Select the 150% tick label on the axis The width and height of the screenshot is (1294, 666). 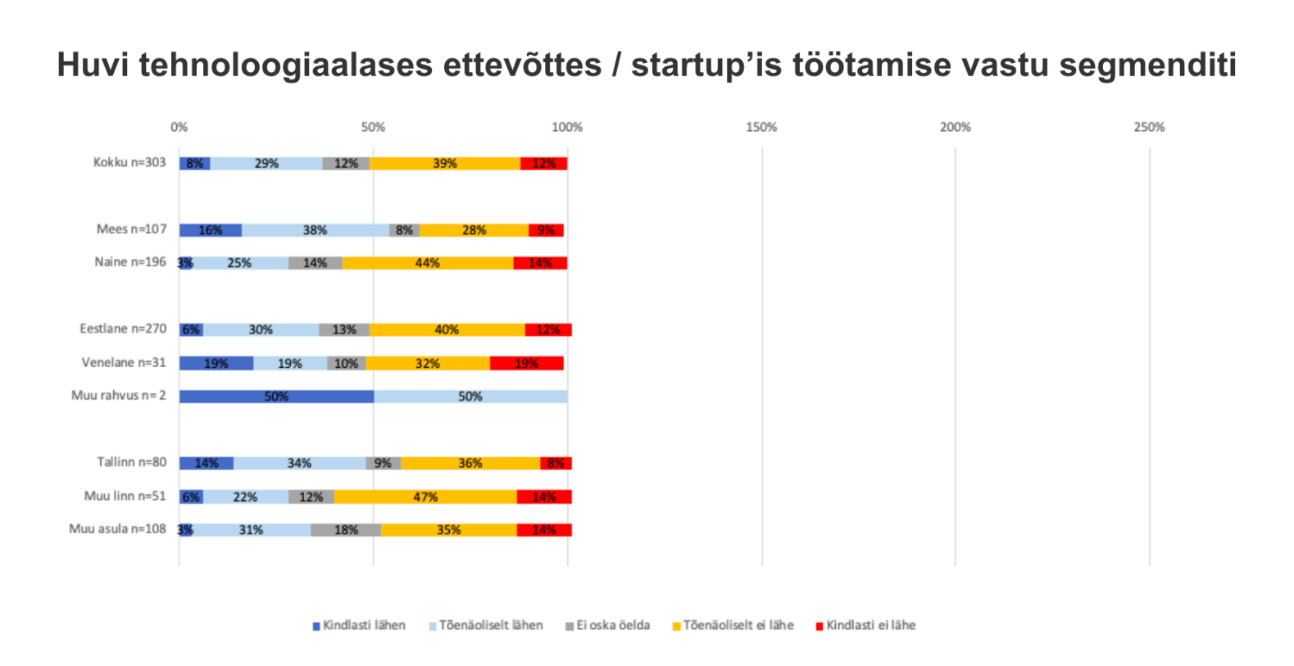click(x=761, y=127)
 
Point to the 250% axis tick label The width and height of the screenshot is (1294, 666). click(x=1149, y=127)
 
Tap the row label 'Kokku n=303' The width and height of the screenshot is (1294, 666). click(x=129, y=162)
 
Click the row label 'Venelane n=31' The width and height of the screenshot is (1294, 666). click(x=123, y=362)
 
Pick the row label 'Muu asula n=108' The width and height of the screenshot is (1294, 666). click(x=117, y=529)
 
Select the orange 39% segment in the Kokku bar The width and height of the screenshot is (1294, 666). click(x=445, y=164)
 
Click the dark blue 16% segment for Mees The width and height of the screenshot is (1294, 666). click(x=210, y=230)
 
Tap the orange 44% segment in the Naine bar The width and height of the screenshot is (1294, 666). click(x=427, y=263)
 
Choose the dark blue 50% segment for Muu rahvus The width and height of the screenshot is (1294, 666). click(x=276, y=396)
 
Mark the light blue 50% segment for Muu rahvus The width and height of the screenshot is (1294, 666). click(x=470, y=396)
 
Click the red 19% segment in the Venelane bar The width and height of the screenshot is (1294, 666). click(x=527, y=363)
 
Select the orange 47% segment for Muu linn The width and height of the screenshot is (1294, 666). click(x=425, y=496)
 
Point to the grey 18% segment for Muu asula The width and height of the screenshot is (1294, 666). click(x=346, y=530)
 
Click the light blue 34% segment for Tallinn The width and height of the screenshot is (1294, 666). click(x=299, y=464)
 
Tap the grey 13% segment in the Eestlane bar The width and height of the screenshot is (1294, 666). click(x=344, y=329)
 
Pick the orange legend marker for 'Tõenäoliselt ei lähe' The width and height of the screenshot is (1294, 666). click(x=677, y=627)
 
